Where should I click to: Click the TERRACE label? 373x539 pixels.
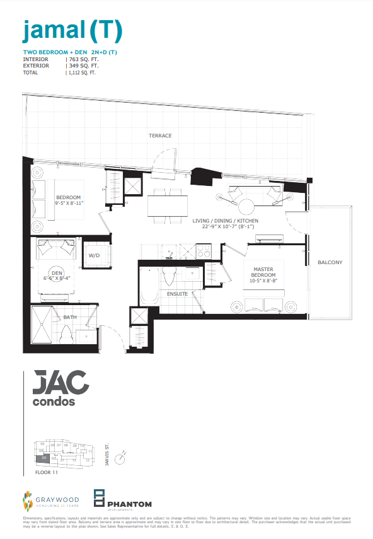(x=160, y=136)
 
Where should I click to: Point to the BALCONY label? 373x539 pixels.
(x=330, y=262)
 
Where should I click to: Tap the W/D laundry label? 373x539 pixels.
(x=95, y=256)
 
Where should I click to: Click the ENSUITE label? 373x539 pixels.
(x=177, y=294)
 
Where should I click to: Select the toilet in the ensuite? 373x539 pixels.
(x=168, y=275)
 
